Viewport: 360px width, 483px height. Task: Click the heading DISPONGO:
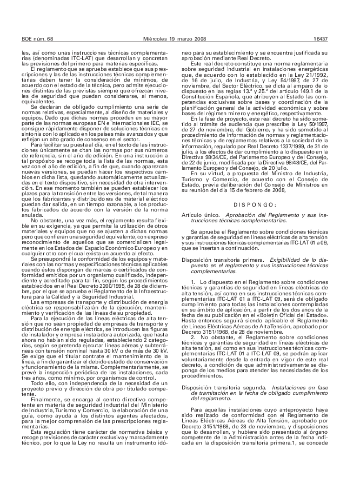[255, 204]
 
